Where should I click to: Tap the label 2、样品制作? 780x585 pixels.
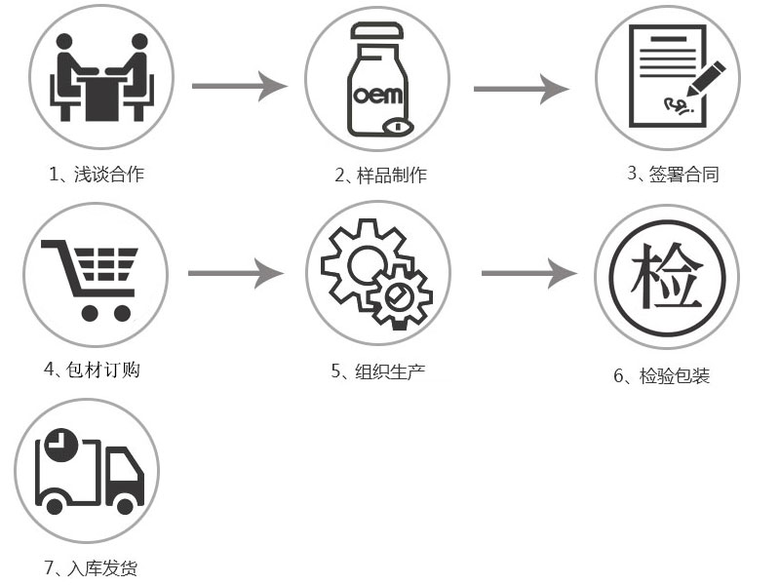(x=380, y=175)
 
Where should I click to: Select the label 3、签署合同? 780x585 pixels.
(x=673, y=175)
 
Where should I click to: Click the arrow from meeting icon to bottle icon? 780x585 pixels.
(x=239, y=86)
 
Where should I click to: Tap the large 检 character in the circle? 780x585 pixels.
(x=666, y=276)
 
